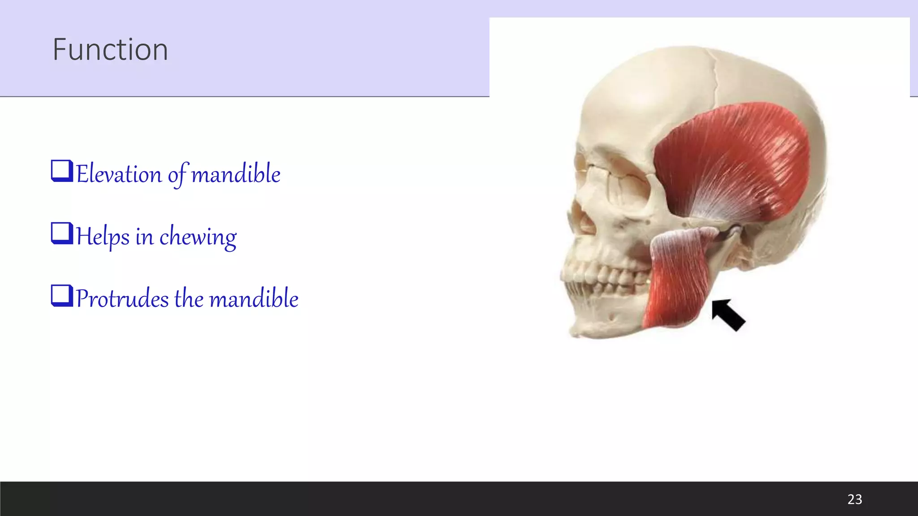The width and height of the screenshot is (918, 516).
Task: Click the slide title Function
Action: tap(110, 49)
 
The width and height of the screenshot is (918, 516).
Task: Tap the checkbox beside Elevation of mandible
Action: tap(62, 171)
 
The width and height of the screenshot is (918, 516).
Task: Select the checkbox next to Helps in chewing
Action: tap(62, 234)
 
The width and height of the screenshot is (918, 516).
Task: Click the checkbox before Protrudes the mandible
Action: tap(62, 296)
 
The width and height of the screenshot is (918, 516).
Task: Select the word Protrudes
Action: tap(122, 298)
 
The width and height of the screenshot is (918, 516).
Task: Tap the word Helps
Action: tap(103, 236)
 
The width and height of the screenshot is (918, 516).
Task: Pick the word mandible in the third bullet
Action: tap(254, 298)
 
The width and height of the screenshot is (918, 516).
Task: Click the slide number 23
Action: tap(854, 499)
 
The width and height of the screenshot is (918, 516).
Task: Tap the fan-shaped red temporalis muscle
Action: tap(735, 157)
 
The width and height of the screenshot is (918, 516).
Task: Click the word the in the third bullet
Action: tap(188, 298)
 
